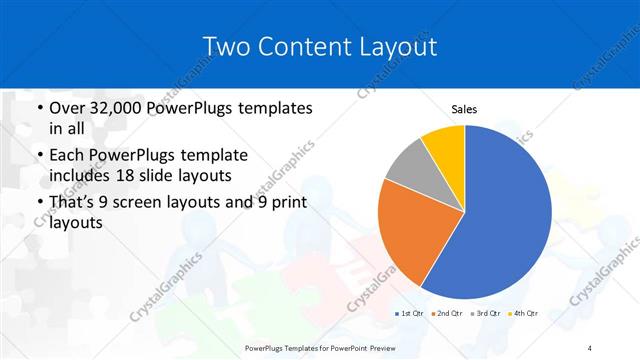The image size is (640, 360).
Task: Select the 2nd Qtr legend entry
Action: (446, 314)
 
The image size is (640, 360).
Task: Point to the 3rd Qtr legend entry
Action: (485, 314)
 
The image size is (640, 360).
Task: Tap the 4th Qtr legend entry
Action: (523, 314)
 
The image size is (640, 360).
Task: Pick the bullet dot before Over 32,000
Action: (38, 108)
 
